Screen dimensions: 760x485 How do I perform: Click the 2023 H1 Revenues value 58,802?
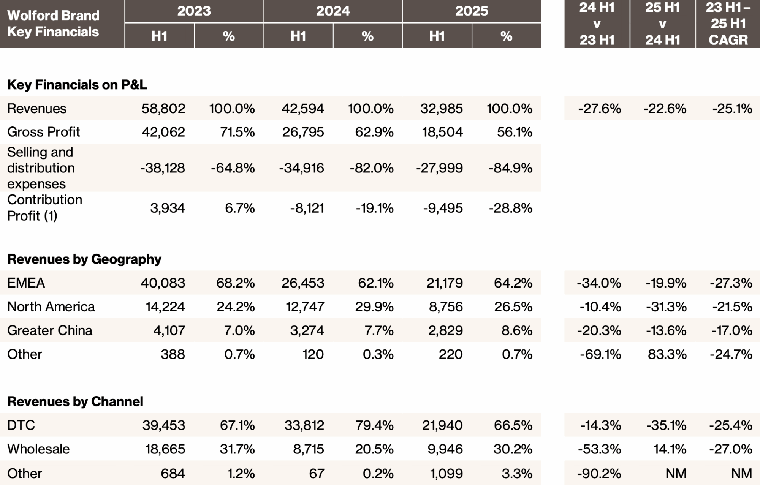click(163, 109)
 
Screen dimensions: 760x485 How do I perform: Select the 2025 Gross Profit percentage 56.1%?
click(515, 132)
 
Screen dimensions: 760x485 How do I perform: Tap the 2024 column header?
click(333, 11)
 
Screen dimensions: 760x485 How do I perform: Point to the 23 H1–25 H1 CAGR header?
click(728, 24)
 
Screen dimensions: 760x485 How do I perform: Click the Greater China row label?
click(50, 330)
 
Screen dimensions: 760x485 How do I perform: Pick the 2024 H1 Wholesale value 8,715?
click(309, 449)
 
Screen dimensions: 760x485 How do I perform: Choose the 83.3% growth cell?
click(667, 354)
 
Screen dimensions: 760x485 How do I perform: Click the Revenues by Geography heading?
click(84, 259)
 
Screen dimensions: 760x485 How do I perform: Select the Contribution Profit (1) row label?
click(45, 208)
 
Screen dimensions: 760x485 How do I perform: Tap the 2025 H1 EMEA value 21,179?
click(445, 283)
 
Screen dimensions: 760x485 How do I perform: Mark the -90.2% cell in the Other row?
click(600, 473)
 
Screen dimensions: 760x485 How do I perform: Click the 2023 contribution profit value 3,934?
click(168, 208)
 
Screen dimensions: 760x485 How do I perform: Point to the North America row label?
click(51, 306)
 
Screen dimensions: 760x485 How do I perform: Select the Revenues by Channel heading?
click(75, 401)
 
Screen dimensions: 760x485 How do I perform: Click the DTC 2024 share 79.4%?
click(374, 425)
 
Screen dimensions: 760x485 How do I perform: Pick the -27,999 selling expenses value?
click(440, 168)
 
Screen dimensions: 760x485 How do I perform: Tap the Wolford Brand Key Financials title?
click(53, 24)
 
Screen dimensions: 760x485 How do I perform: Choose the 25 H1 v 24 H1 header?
click(663, 24)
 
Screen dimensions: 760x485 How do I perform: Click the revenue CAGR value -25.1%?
click(732, 109)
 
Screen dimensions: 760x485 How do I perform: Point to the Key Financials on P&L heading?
click(77, 84)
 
